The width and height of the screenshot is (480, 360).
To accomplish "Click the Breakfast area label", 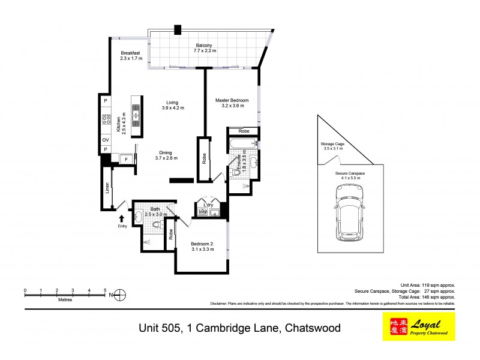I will pos(130,53).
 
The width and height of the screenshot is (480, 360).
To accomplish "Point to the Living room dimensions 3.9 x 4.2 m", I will pos(173,108).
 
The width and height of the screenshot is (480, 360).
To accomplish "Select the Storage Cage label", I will pos(332,144).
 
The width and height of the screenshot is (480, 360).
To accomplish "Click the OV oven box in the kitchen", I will pos(105,139).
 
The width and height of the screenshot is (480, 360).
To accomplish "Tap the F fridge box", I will pos(126,159).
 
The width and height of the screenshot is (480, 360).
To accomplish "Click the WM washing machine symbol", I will pos(203,212).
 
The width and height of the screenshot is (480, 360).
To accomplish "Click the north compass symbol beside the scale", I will pos(119,294).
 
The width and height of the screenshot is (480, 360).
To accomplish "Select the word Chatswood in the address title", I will pos(312,328).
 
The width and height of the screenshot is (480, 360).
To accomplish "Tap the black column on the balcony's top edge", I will pos(178,29).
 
